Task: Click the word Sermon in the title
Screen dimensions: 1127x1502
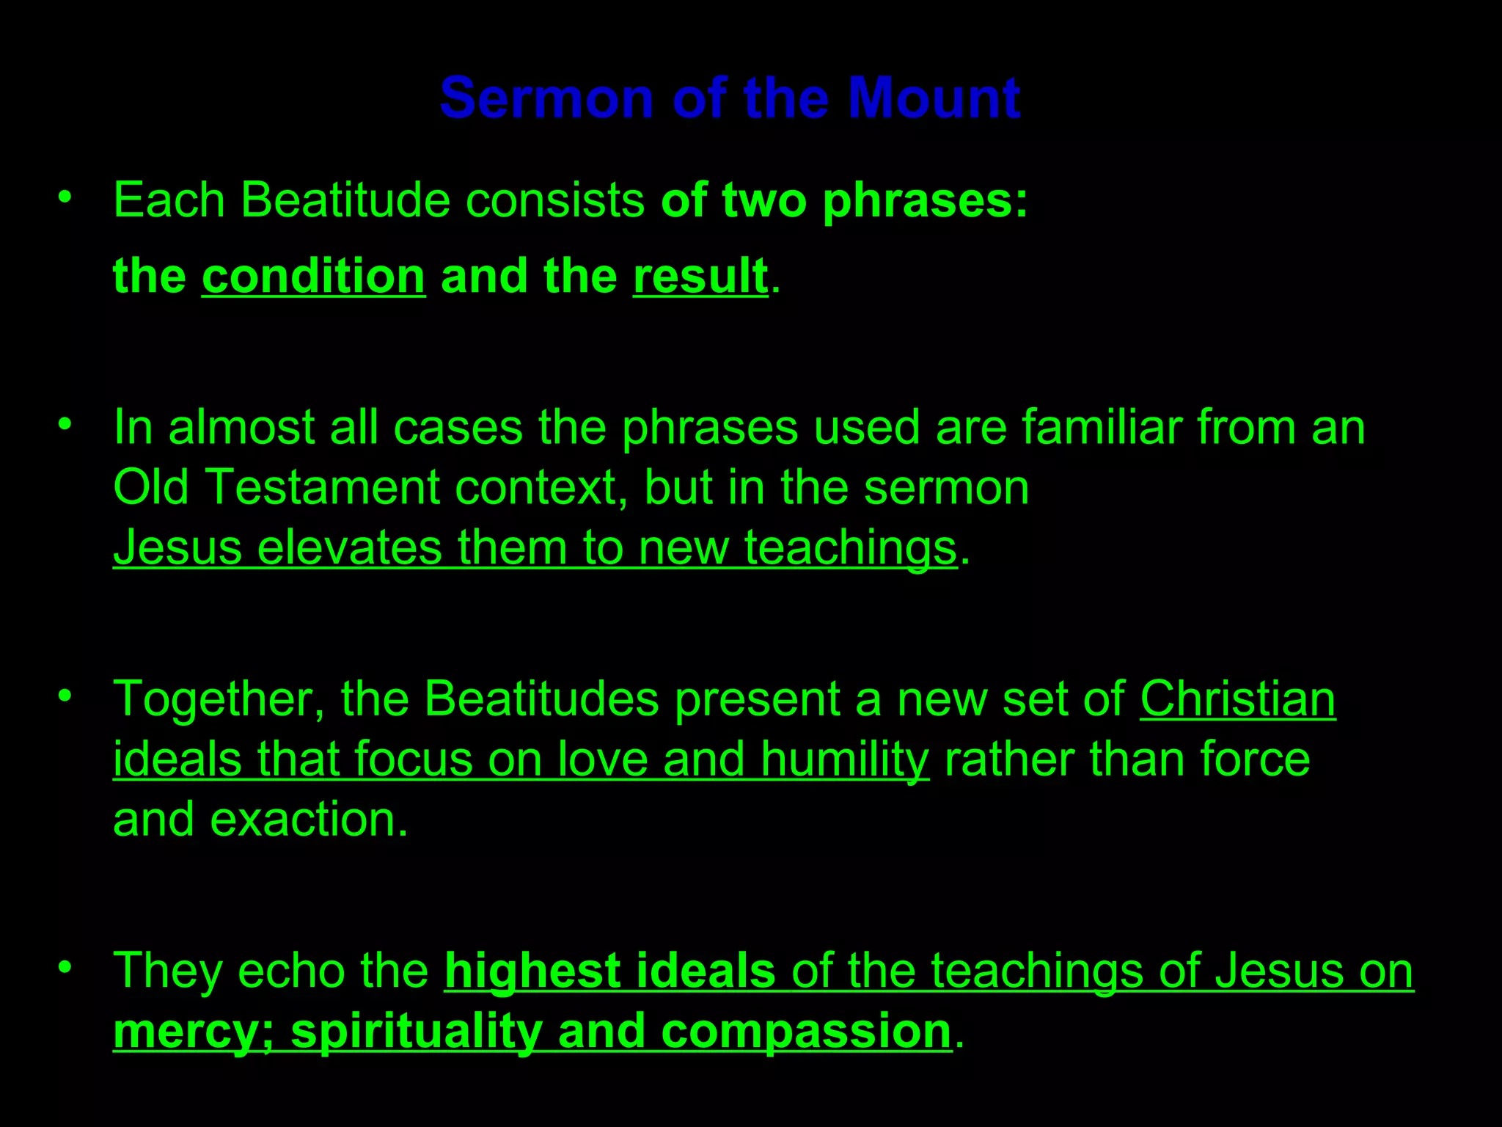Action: (546, 98)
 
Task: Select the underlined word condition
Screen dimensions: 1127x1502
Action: (313, 277)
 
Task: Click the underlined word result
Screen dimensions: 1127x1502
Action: (700, 277)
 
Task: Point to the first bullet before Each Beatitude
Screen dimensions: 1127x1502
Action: (65, 197)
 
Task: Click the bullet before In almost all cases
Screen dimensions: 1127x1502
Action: (65, 423)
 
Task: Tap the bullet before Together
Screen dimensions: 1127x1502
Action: (65, 695)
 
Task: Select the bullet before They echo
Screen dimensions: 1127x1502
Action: (65, 966)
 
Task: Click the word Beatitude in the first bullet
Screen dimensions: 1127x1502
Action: (345, 200)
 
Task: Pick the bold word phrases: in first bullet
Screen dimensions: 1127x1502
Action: (925, 201)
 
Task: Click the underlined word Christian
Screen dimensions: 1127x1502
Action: (1237, 699)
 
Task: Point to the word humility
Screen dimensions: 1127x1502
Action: (844, 759)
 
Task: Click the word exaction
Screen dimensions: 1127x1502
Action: (308, 820)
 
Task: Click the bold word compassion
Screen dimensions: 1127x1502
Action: (806, 1032)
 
